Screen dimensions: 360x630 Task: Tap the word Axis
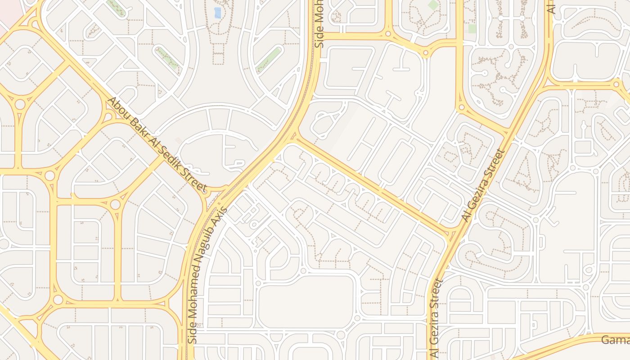click(x=221, y=215)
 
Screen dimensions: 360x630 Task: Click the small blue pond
click(x=218, y=13)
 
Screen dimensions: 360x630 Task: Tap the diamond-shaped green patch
click(x=433, y=5)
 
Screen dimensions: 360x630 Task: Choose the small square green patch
click(x=472, y=29)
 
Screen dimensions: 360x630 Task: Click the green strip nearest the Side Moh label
click(x=269, y=60)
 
